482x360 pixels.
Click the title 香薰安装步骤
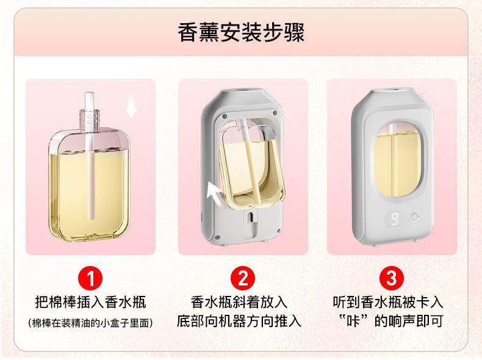241,32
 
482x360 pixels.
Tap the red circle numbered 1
90,279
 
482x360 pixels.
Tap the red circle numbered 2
243,279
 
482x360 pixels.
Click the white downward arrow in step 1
131,109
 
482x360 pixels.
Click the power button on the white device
414,217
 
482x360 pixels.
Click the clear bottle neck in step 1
89,119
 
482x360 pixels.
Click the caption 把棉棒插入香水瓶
90,302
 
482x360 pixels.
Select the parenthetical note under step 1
90,323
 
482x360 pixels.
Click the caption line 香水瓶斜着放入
239,302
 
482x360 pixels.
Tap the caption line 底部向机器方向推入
239,322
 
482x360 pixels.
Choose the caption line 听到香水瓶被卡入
388,302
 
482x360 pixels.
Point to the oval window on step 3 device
397,163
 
